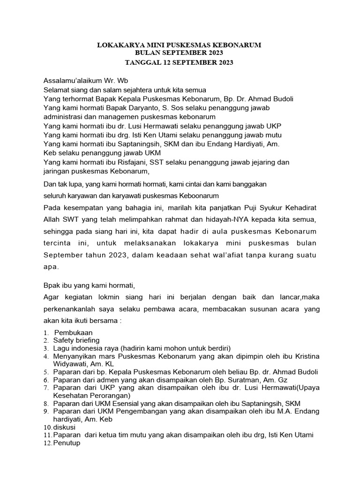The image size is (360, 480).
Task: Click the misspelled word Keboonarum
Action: click(x=200, y=195)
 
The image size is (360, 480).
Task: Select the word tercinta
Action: click(x=58, y=243)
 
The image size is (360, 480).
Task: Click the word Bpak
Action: click(x=52, y=285)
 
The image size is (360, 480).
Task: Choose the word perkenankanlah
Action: click(x=69, y=310)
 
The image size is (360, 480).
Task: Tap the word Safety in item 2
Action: click(x=64, y=340)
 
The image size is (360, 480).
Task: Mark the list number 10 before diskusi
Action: click(x=47, y=427)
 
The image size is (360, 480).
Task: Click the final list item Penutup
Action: click(x=66, y=443)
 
